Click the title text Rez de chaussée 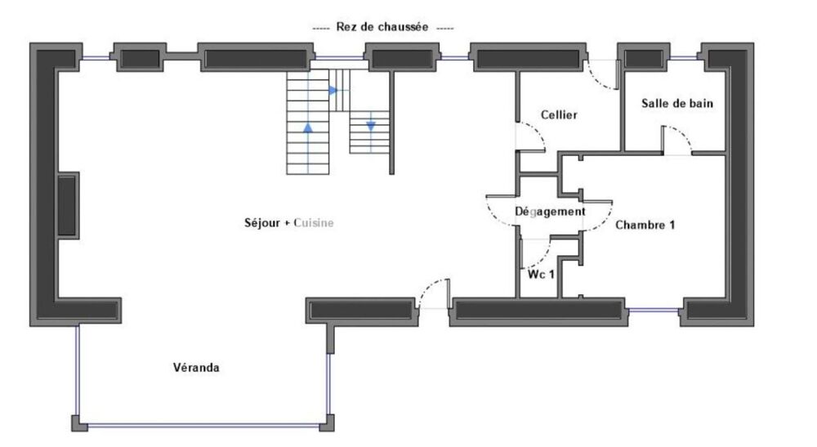tap(383, 27)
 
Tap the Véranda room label tap(195, 368)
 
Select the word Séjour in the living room tap(261, 222)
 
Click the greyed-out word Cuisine tap(314, 222)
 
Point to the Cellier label tap(560, 115)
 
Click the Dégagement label tap(550, 212)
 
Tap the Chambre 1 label tap(645, 224)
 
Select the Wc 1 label tap(541, 274)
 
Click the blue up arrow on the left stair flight tap(308, 127)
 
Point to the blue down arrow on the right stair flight tap(370, 125)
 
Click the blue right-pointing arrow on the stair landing tap(333, 90)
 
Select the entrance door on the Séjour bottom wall tap(432, 296)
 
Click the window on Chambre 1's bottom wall tap(653, 310)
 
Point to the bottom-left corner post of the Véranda tap(77, 422)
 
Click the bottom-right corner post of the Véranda tap(328, 422)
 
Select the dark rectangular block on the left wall tap(68, 202)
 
